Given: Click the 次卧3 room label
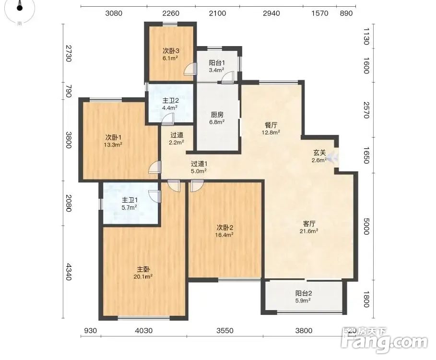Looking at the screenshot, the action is point(171,51).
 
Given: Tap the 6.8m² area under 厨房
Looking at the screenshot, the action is point(217,122).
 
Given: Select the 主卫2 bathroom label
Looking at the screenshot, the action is point(170,100).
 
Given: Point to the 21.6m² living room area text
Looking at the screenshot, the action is point(308,231).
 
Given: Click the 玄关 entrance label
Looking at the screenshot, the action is point(319,153).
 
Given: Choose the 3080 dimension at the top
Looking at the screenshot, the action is point(114,13).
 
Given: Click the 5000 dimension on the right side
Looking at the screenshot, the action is point(366,226).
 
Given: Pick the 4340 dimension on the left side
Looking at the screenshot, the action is point(69,272).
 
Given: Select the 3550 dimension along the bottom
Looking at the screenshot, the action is point(225,331).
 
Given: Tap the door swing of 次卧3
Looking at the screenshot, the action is point(191,69).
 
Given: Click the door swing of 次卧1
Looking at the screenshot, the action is point(155,168).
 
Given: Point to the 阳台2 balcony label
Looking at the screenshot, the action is point(304,293).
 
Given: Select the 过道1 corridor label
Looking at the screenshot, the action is point(199,164).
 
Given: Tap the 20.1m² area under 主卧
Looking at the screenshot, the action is point(143,276).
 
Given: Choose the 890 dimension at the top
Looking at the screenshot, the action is point(346,13).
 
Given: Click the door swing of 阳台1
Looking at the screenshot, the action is point(228,77).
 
